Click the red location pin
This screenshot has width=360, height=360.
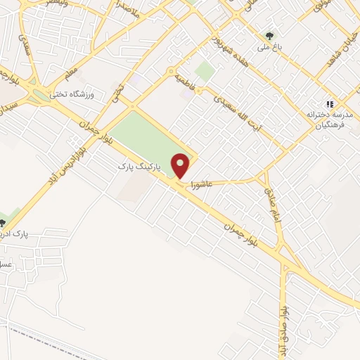[x=181, y=166]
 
